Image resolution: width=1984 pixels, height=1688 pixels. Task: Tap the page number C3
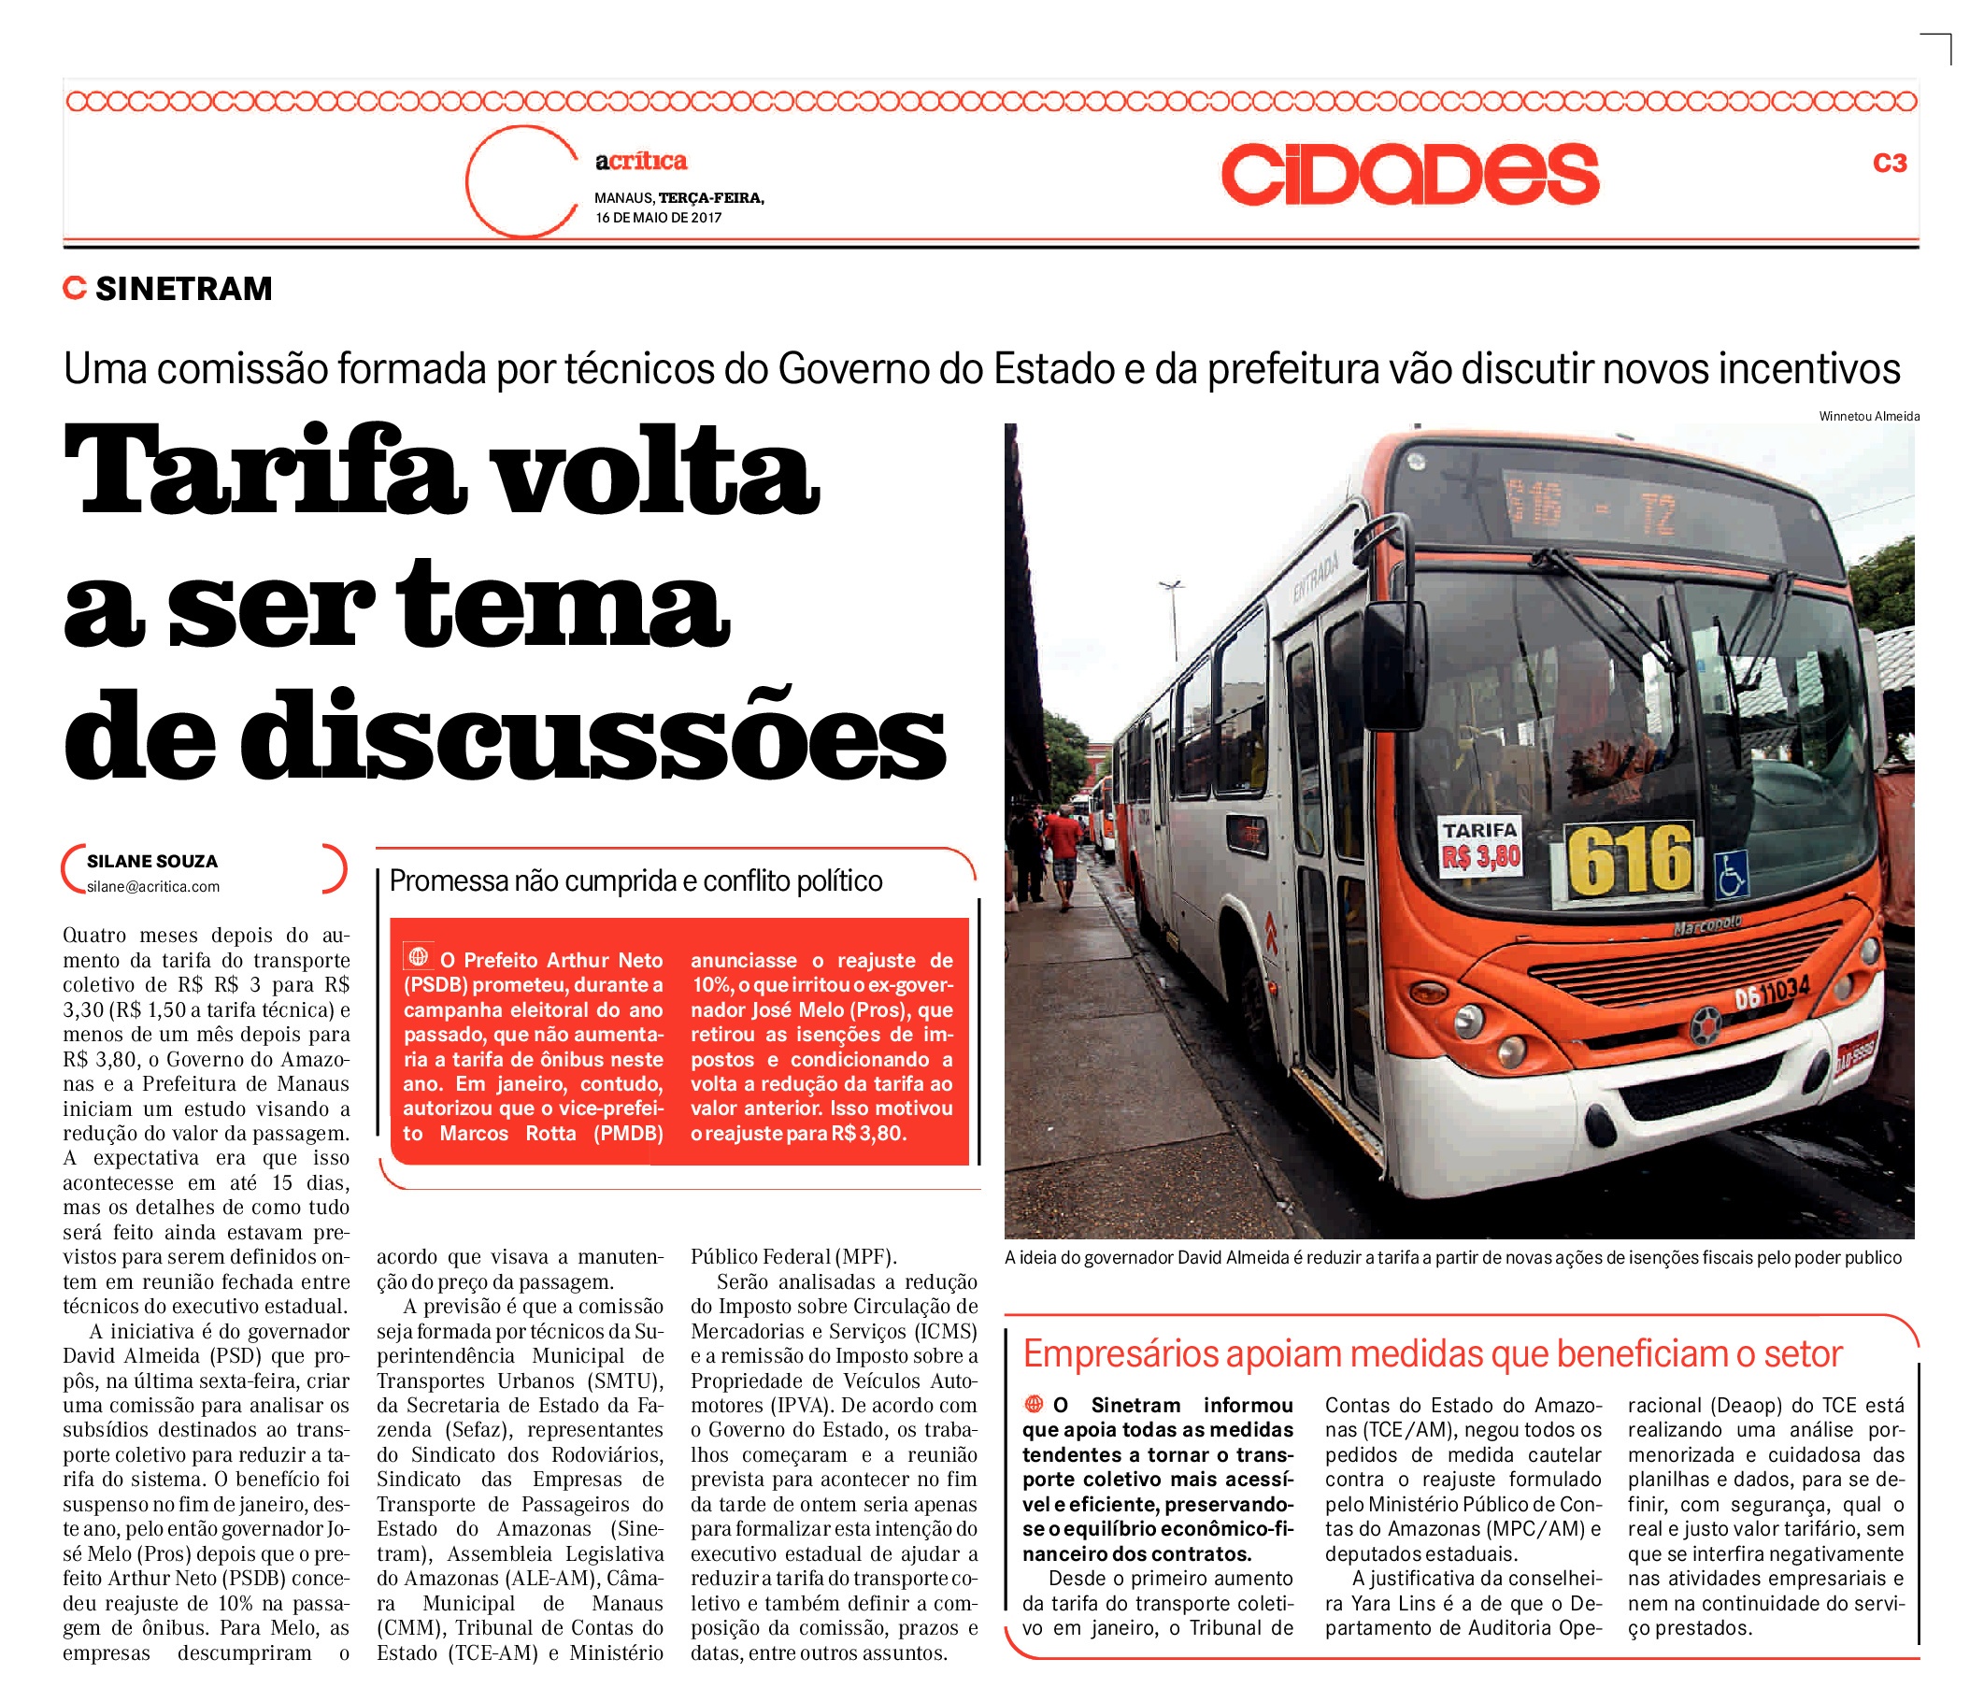(x=1890, y=164)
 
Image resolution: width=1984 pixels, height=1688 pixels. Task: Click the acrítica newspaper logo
(x=641, y=161)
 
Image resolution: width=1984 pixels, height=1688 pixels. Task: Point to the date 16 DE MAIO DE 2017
(x=658, y=218)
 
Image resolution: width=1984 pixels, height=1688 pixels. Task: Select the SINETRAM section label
(x=183, y=289)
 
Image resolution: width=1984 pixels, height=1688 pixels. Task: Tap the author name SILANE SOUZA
(x=152, y=861)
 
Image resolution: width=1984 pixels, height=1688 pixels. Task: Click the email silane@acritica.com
(x=153, y=887)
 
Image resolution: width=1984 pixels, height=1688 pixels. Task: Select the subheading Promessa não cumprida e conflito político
(x=635, y=881)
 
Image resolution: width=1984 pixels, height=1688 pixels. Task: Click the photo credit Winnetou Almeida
(x=1868, y=416)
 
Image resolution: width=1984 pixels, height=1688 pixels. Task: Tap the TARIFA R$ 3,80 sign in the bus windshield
(x=1480, y=846)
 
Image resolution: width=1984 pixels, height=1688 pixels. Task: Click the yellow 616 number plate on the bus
(x=1629, y=860)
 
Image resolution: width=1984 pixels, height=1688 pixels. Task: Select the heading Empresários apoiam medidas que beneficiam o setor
(x=1432, y=1354)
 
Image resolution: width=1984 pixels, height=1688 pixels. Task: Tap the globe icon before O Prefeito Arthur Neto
(x=418, y=956)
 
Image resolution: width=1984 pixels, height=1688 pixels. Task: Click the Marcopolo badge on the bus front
(x=1706, y=925)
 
